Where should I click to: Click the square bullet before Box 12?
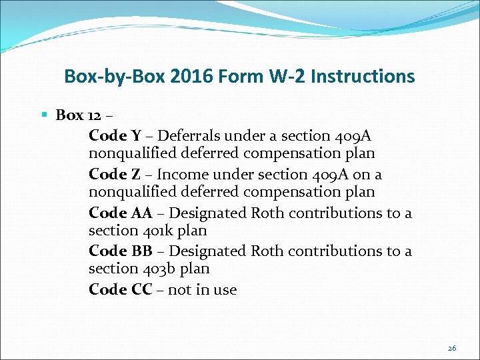point(45,115)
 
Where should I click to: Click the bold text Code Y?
point(114,135)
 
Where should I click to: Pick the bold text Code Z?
point(114,174)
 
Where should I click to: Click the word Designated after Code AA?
point(207,213)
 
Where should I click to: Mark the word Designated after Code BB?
point(207,251)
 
